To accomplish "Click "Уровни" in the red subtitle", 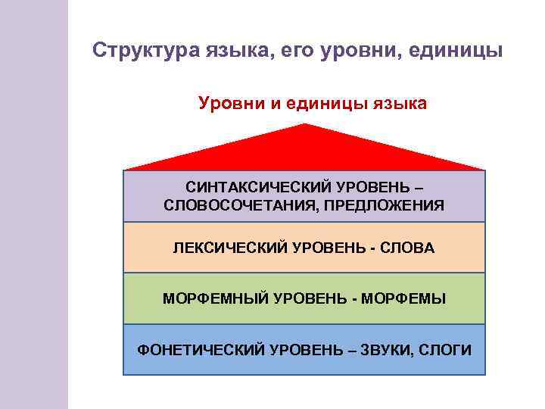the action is coord(226,103).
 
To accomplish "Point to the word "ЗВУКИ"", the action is coord(387,349).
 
